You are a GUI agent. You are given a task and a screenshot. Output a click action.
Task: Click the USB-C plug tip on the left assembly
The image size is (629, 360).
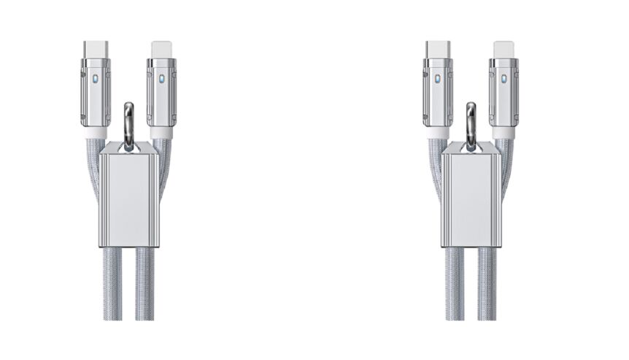click(96, 49)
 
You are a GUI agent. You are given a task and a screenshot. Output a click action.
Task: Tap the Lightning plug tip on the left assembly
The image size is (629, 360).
click(161, 50)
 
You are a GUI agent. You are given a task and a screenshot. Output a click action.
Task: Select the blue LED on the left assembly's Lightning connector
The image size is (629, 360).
click(161, 77)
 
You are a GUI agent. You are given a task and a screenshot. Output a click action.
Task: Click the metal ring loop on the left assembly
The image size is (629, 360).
click(129, 120)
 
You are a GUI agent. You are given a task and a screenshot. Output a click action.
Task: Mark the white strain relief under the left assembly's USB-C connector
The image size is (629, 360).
click(96, 134)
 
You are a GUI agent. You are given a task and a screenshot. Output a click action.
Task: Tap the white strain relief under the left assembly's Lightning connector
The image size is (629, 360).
click(161, 134)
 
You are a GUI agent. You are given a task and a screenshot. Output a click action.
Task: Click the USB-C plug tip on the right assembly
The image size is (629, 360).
click(438, 49)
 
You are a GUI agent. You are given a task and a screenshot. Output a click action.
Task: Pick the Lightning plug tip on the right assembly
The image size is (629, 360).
click(503, 50)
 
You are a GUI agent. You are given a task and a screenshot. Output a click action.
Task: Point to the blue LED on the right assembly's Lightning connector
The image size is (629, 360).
click(503, 77)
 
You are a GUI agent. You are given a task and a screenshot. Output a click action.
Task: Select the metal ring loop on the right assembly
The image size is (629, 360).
click(471, 120)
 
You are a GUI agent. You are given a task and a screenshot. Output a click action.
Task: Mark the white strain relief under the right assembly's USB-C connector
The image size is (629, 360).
click(439, 134)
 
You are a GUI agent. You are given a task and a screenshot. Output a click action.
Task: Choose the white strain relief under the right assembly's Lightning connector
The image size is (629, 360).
click(503, 134)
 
